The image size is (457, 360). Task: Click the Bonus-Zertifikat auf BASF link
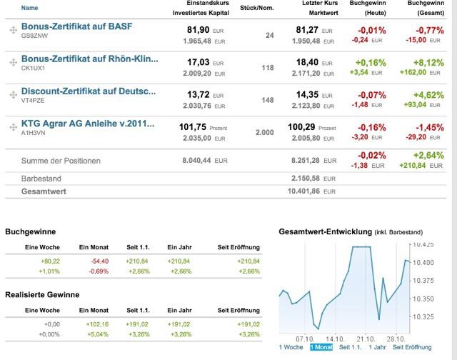point(76,26)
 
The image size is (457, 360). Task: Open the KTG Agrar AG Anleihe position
point(88,124)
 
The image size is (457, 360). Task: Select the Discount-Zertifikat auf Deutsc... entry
point(88,91)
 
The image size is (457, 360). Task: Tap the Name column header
point(30,8)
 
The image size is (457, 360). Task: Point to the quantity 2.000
point(263,133)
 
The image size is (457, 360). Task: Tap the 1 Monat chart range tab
point(321,347)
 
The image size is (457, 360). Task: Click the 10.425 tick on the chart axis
point(423,244)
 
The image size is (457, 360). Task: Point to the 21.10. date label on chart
point(366,337)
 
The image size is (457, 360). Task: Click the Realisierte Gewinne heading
point(41,294)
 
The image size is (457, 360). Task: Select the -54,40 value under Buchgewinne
point(89,261)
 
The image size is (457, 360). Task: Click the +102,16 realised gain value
point(89,324)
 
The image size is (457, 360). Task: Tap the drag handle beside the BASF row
point(13,30)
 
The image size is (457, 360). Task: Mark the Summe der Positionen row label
point(61,160)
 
